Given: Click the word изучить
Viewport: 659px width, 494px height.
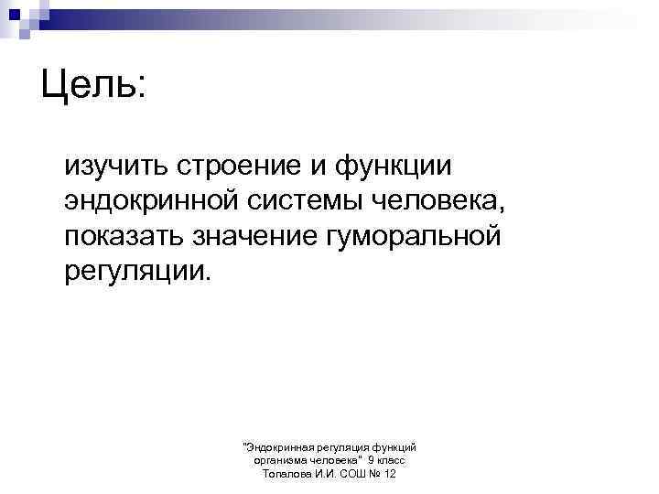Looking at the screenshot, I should (115, 166).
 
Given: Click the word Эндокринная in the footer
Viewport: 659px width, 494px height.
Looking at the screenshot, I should (279, 446).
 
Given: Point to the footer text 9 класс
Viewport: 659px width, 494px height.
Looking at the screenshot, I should (386, 460).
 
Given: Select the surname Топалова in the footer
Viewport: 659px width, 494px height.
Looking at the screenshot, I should (286, 474).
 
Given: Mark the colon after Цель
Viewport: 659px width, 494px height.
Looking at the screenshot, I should (138, 89).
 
